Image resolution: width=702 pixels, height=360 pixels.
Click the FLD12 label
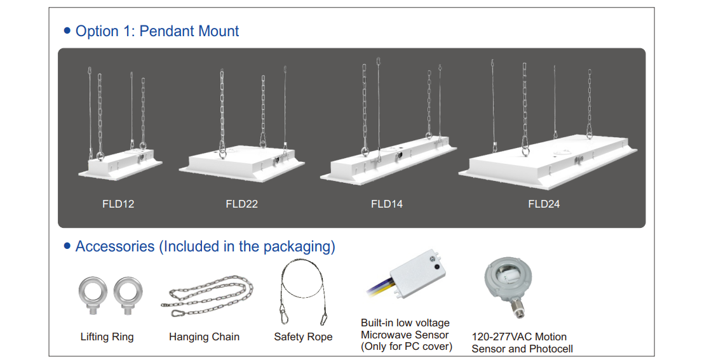coord(118,204)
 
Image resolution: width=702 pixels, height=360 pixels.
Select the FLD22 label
coord(242,204)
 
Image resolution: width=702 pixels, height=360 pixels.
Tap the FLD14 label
coord(387,204)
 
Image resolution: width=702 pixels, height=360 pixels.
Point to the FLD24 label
coord(544,204)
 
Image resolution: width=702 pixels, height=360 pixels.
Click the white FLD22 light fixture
coord(242,163)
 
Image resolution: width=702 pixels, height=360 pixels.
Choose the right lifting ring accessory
coord(128,296)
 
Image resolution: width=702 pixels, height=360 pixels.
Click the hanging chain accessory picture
coord(207,296)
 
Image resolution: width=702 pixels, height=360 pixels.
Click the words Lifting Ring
coord(107,337)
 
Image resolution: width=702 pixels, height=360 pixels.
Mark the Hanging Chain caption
coord(204,337)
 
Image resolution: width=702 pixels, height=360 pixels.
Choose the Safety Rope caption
coord(303,337)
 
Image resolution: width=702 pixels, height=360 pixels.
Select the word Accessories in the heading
coord(115,246)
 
